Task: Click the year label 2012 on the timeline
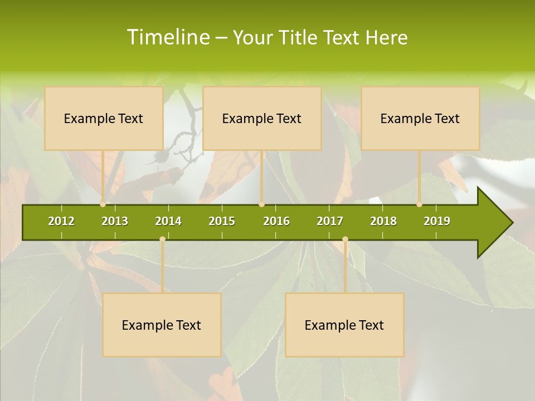(x=61, y=221)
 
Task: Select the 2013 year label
(x=115, y=221)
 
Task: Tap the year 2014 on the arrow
(x=168, y=221)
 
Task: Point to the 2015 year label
(x=222, y=221)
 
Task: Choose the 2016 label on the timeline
(x=276, y=221)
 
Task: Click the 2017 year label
(x=330, y=221)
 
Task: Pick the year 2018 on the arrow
(x=383, y=221)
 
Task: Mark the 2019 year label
(x=437, y=221)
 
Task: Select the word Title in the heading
(x=298, y=37)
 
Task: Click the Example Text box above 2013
(x=104, y=118)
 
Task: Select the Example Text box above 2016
(x=262, y=118)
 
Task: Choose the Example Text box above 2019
(x=420, y=118)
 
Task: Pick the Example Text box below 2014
(x=162, y=325)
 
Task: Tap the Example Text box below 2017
(x=344, y=325)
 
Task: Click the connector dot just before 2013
(x=103, y=204)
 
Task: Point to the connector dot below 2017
(x=345, y=239)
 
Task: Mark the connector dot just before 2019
(x=420, y=204)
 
